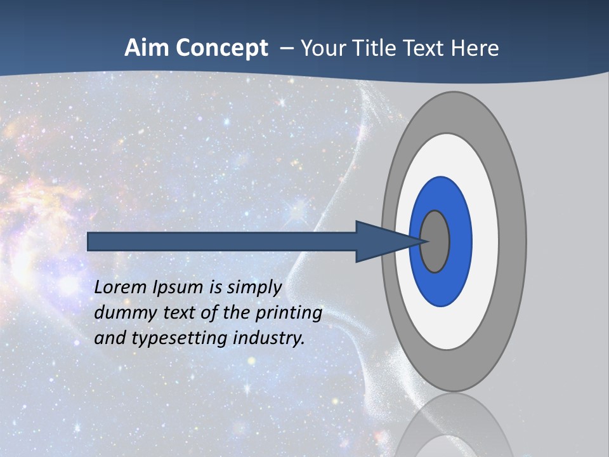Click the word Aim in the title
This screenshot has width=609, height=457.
(147, 48)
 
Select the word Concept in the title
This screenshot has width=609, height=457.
(221, 48)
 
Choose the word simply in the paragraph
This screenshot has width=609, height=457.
(254, 288)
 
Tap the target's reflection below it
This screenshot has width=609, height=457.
(454, 425)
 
